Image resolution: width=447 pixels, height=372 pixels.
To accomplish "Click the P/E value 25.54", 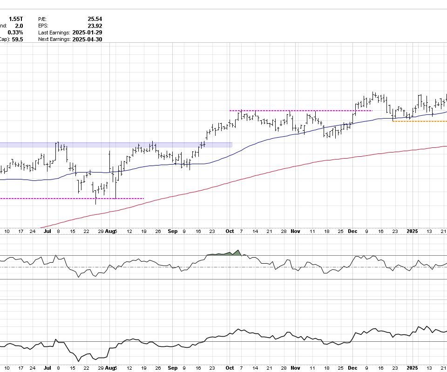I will (95, 19).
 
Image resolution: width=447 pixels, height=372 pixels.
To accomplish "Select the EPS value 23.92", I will (95, 26).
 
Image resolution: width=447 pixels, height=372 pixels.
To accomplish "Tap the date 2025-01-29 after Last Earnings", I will (87, 33).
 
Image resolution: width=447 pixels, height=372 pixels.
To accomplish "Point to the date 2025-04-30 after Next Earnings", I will (87, 40).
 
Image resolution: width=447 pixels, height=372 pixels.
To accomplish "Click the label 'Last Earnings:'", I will (54, 33).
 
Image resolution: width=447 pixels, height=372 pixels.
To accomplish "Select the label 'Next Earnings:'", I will (54, 40).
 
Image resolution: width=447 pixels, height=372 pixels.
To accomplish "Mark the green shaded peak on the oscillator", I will (237, 253).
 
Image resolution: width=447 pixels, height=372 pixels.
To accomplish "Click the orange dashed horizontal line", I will (419, 121).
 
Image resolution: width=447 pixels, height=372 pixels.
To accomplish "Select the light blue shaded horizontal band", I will (116, 145).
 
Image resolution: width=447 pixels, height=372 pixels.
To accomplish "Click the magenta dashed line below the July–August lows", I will (70, 199).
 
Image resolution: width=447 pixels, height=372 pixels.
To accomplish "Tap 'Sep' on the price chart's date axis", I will (172, 231).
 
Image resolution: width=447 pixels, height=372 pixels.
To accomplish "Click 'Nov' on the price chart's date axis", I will (296, 231).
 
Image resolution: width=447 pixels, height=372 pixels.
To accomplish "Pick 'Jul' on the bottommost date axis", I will (47, 368).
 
